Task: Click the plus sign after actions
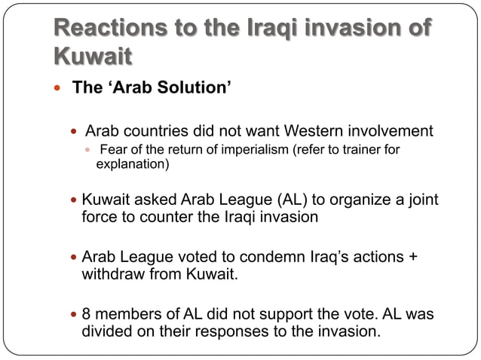coord(412,256)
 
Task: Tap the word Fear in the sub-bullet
coord(113,149)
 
